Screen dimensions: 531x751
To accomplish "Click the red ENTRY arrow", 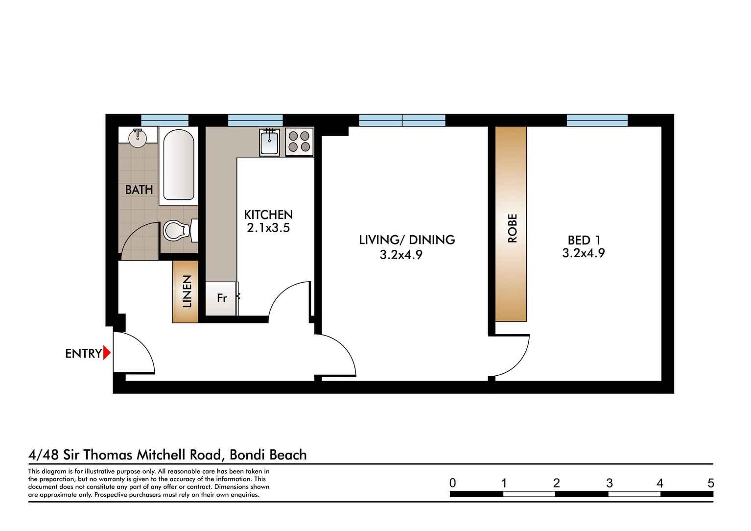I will [x=107, y=353].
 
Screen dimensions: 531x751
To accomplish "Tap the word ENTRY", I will [x=83, y=354].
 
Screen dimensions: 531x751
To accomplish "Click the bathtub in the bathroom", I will [x=178, y=165].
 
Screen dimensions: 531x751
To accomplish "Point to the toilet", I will [x=177, y=230].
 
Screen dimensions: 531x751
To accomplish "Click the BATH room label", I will [x=139, y=190].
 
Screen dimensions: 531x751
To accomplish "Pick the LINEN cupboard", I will [x=186, y=291].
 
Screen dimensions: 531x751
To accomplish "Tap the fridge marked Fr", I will [x=221, y=298].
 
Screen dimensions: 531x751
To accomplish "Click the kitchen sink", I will [x=269, y=142].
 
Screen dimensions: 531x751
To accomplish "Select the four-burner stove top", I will [x=299, y=142].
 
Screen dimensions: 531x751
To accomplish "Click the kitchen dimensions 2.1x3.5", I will [x=268, y=228].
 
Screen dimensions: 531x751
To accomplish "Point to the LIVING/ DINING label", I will [x=407, y=240].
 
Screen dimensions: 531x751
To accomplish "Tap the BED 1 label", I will [x=584, y=240].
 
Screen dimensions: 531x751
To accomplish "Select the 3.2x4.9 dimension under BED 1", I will [x=584, y=253].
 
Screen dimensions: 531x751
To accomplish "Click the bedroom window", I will [x=597, y=120].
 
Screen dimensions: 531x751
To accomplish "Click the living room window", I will [x=402, y=120].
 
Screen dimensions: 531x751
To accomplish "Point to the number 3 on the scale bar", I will [x=609, y=483].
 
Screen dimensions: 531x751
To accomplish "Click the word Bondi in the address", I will [x=247, y=455].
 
